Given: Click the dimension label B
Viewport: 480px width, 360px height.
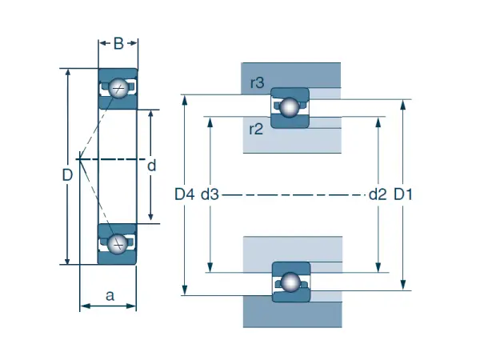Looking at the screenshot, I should [x=118, y=44].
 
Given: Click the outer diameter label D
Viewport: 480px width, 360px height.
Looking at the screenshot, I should [x=68, y=174].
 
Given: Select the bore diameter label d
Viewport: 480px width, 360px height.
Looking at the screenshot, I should [x=150, y=166].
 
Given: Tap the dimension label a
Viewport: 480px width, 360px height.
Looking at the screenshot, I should [x=110, y=295].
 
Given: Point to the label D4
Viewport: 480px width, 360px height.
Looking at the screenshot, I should [x=185, y=194].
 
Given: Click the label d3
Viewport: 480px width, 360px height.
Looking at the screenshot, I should [x=210, y=194].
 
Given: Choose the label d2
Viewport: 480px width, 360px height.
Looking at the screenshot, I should [x=378, y=194].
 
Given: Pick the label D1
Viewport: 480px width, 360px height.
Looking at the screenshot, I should [x=403, y=194].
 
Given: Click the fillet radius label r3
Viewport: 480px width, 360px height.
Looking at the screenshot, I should [x=257, y=82].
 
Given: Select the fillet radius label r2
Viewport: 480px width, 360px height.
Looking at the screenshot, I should [x=257, y=130].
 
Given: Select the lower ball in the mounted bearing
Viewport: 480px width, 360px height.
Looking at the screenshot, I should [x=289, y=282].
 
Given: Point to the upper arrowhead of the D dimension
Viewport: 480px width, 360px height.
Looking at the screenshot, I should [x=68, y=73].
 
